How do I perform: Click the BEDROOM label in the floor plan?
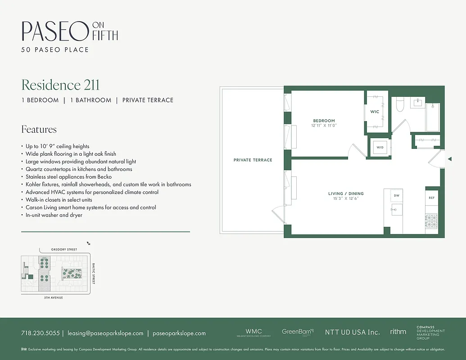324,121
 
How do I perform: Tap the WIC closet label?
375,112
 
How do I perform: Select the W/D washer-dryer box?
380,148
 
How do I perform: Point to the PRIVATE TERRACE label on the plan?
253,160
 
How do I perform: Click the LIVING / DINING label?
346,193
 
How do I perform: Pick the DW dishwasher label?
397,196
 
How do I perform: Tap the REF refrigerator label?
431,198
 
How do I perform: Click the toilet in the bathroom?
399,105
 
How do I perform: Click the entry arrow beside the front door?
449,159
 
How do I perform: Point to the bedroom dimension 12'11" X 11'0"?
324,126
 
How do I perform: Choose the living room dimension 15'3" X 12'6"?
346,198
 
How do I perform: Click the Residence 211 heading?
60,85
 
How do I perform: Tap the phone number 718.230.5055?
40,333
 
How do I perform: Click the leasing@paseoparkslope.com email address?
105,333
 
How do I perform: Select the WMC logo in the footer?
253,332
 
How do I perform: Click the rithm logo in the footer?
398,332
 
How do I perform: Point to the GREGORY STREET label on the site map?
64,249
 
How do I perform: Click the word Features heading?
39,130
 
